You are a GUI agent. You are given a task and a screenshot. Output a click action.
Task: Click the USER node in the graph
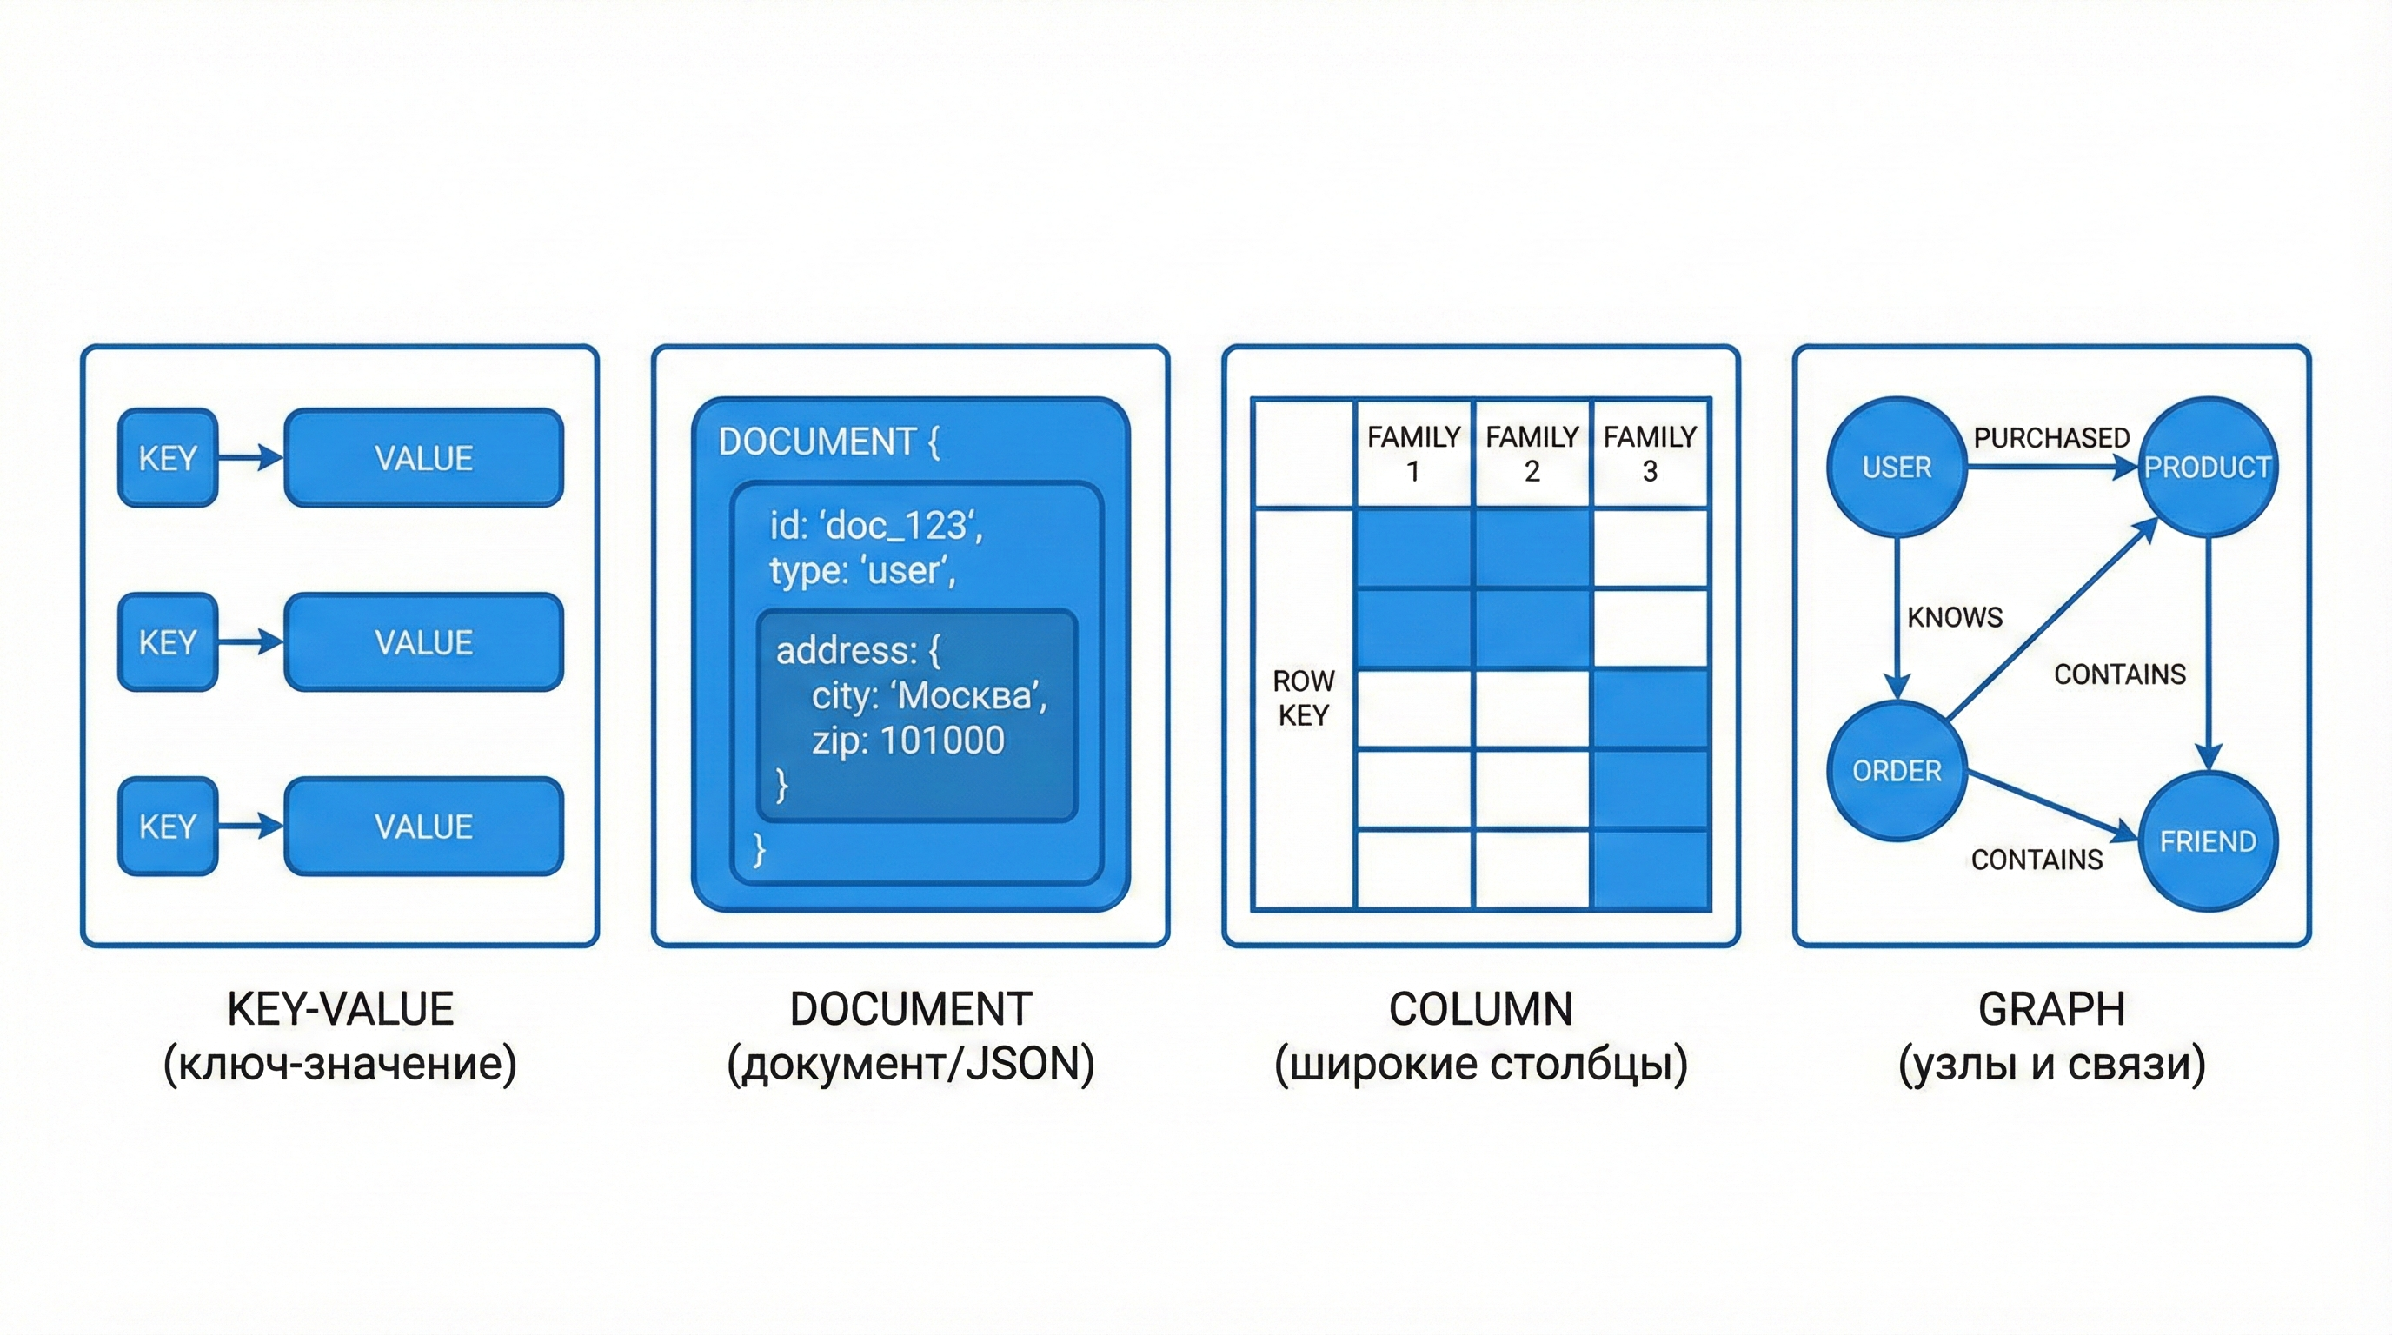click(x=1897, y=467)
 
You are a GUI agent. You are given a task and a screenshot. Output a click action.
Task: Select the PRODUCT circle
click(x=2207, y=467)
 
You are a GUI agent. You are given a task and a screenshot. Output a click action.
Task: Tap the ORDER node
click(x=1897, y=771)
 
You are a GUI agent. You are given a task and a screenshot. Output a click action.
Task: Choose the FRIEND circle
click(x=2207, y=841)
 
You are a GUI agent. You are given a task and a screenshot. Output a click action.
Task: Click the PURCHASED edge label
click(x=2051, y=437)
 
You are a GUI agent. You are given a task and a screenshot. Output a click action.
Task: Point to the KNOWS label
click(x=1955, y=617)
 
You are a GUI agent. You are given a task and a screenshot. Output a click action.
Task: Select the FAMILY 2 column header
click(x=1532, y=453)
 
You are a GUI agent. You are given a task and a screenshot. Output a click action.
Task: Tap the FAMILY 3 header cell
click(x=1649, y=453)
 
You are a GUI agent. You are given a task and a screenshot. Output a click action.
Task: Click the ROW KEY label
click(x=1303, y=698)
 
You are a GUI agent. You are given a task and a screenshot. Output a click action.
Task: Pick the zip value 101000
click(x=941, y=741)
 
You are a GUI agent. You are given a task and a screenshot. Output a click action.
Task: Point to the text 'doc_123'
click(x=898, y=527)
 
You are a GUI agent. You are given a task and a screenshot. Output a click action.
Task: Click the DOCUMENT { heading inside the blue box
click(x=828, y=442)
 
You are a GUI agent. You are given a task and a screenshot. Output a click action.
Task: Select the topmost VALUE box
click(x=423, y=458)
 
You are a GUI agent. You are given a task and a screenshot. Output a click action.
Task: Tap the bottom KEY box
click(x=167, y=827)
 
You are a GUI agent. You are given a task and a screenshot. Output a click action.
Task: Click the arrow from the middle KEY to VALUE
click(x=250, y=641)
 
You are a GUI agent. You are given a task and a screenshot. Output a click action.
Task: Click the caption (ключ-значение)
click(x=340, y=1064)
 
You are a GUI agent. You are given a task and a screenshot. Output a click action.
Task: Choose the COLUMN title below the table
click(x=1480, y=1009)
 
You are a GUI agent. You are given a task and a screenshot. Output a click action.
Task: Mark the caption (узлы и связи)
click(x=2051, y=1064)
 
